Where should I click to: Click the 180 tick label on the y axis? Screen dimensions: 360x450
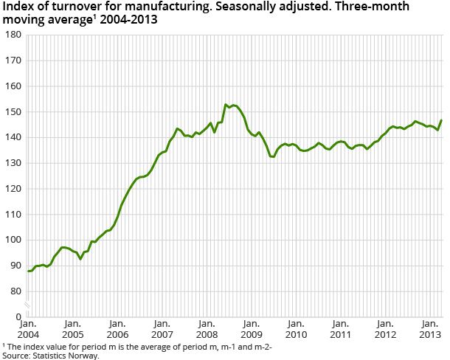click(13, 35)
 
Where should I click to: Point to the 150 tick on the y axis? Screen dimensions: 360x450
click(13, 111)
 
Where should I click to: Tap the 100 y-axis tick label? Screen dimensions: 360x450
click(13, 240)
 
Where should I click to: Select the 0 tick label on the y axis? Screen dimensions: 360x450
click(18, 316)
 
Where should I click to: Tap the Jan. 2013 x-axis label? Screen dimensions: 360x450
click(429, 328)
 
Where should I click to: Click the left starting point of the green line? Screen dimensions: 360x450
click(28, 271)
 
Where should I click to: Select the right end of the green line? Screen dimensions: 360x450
click(441, 120)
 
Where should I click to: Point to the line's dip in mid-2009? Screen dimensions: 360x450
click(273, 157)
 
